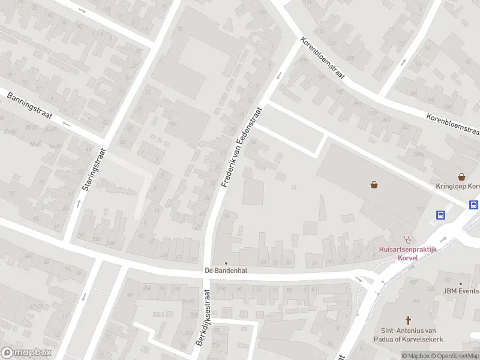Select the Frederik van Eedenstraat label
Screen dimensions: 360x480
tap(242, 147)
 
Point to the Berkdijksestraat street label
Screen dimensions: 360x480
tap(202, 318)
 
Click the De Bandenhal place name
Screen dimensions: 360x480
tap(226, 271)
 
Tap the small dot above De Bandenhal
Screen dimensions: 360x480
tap(226, 263)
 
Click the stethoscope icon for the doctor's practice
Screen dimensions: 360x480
tap(408, 238)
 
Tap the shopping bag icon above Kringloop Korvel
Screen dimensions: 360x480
tap(461, 177)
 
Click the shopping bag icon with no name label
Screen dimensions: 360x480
tap(374, 185)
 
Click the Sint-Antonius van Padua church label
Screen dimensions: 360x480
tap(409, 334)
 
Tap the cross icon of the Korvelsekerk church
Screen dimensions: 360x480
tap(409, 320)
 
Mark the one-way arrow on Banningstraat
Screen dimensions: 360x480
tap(66, 125)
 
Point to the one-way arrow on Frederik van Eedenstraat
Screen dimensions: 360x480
tap(279, 75)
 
